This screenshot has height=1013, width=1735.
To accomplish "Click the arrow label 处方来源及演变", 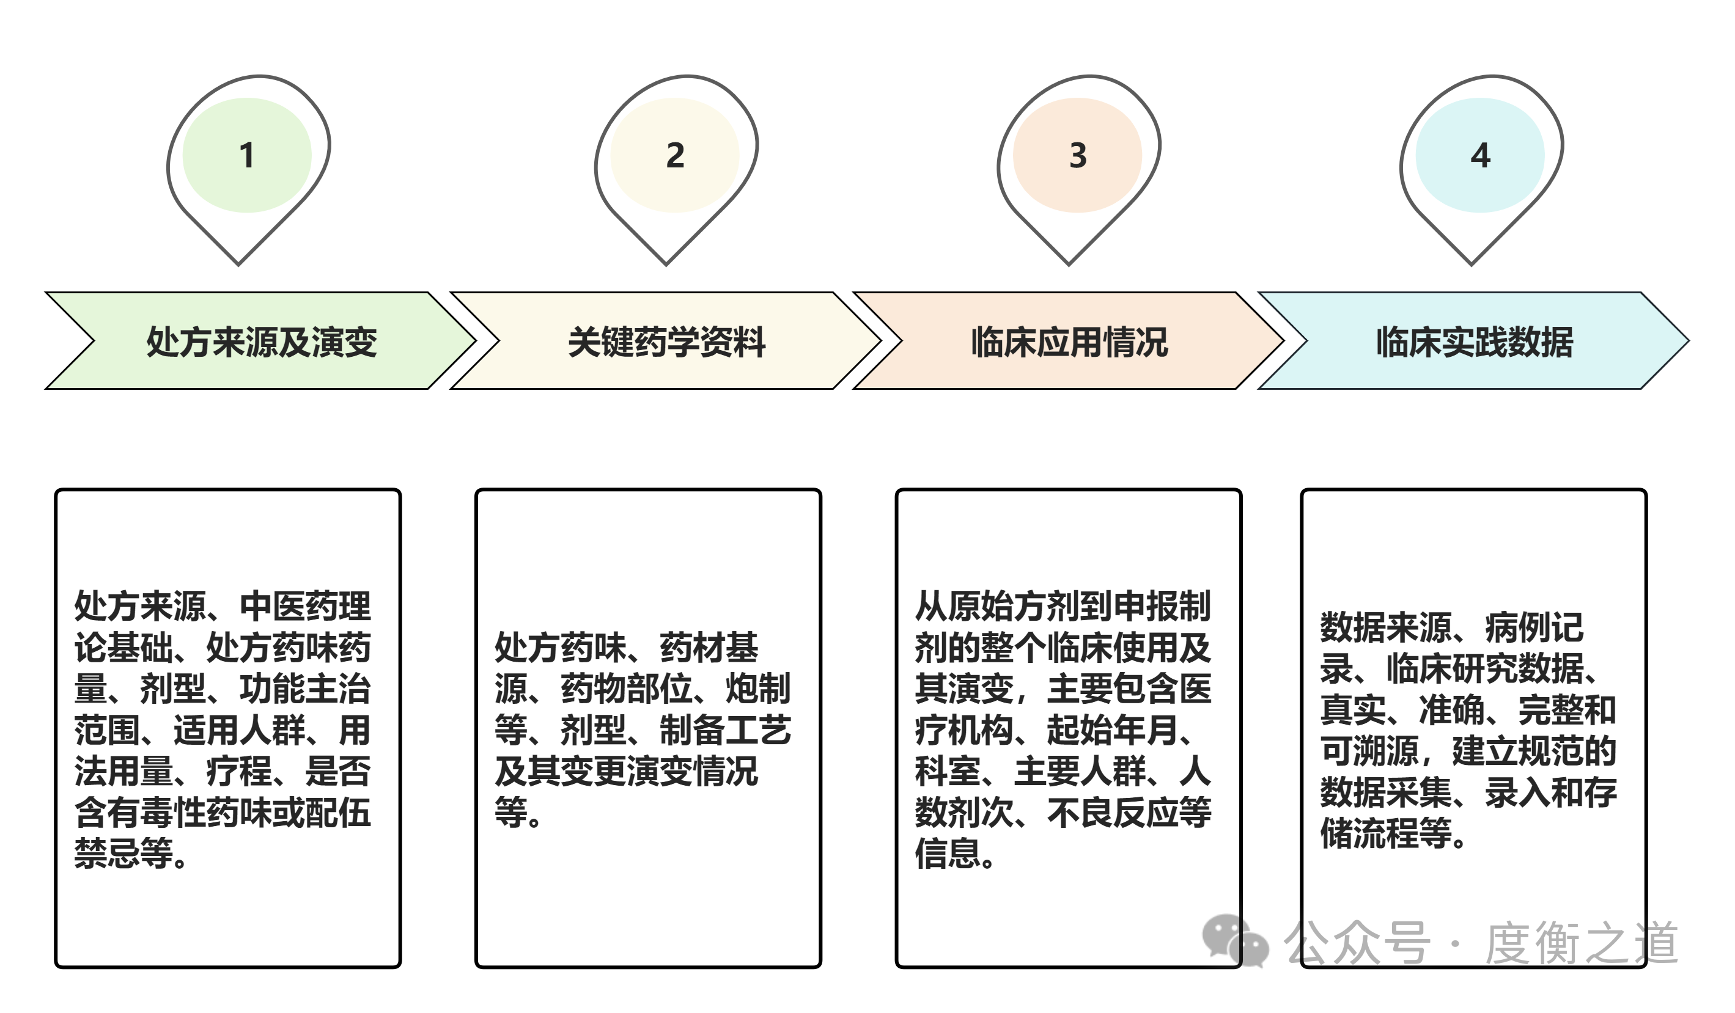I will [x=262, y=342].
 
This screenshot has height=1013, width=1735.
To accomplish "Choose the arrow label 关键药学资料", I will [x=666, y=342].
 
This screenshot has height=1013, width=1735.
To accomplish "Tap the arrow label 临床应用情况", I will [x=1069, y=342].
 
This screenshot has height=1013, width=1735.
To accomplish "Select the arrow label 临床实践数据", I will [x=1475, y=342].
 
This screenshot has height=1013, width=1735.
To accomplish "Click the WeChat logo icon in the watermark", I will [x=1235, y=942].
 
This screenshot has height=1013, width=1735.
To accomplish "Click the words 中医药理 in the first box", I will [x=305, y=606].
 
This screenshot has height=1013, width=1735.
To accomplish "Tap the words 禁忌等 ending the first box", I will [x=124, y=854].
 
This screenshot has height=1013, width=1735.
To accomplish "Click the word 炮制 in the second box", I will [x=758, y=688].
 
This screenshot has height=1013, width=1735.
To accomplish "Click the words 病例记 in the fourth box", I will [x=1534, y=627].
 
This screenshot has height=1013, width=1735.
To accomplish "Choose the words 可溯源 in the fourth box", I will [x=1370, y=751].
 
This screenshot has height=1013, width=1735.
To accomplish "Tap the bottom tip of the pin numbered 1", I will [x=239, y=263].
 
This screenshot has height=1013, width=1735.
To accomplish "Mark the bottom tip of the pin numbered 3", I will [x=1069, y=263].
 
